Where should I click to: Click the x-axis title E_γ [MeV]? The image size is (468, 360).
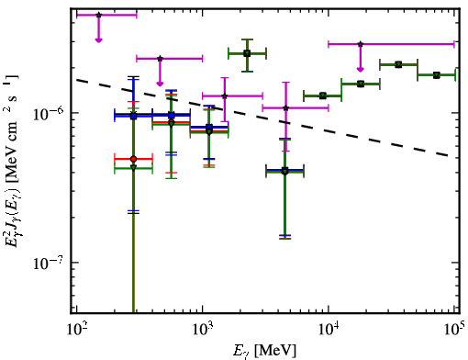click(264, 351)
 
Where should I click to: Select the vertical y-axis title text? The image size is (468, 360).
click(12, 162)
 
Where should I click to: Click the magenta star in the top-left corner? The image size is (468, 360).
click(98, 15)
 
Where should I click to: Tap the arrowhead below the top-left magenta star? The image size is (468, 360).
click(98, 40)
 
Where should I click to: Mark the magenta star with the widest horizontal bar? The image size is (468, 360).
click(361, 44)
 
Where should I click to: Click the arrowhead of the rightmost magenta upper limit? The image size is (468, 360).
click(361, 70)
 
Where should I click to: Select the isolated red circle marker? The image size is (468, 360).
click(133, 159)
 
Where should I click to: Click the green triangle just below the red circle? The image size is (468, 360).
click(133, 168)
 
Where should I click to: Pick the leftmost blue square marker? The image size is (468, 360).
click(133, 116)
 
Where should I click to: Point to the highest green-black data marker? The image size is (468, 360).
click(247, 53)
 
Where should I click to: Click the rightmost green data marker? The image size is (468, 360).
click(437, 75)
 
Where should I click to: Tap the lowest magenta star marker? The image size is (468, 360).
click(285, 107)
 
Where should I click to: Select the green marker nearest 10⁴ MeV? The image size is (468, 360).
click(322, 96)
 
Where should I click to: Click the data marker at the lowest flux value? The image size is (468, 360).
click(284, 172)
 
